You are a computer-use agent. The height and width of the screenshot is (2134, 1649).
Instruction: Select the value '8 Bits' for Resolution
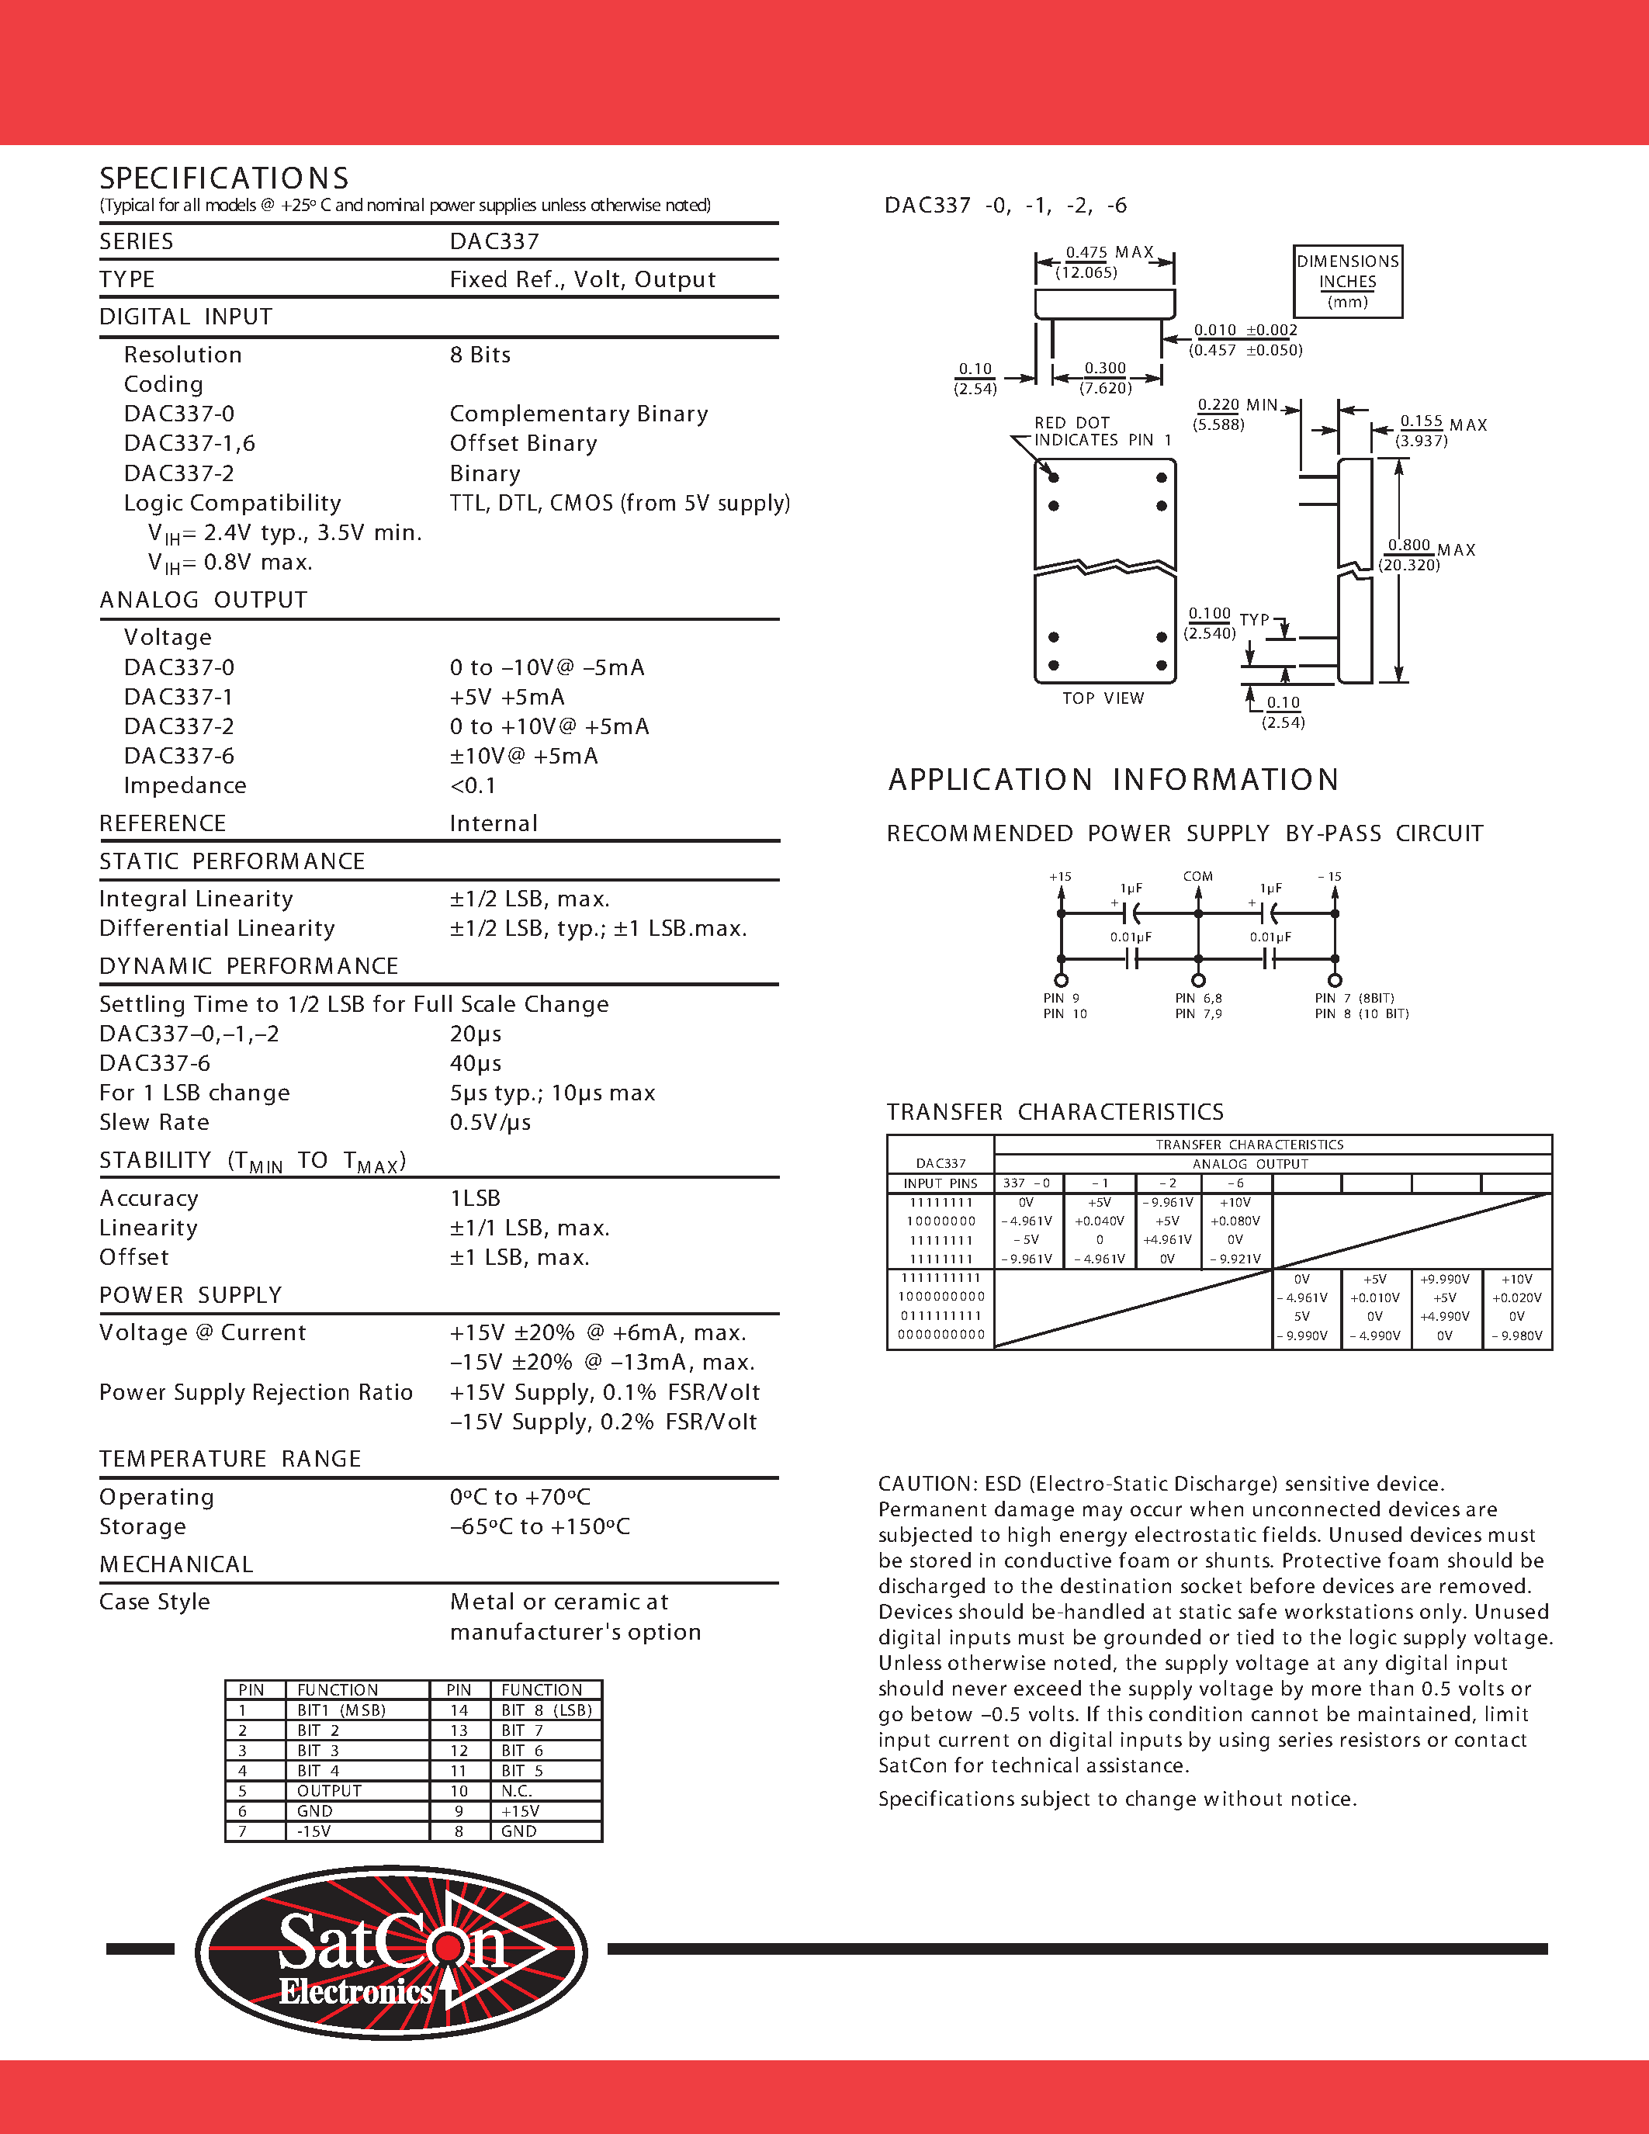[480, 355]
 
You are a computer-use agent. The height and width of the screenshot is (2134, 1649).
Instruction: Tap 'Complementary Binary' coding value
[578, 414]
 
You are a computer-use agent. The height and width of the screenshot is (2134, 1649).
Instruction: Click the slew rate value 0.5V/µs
[490, 1122]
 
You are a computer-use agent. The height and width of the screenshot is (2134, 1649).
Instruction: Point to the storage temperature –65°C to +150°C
[539, 1526]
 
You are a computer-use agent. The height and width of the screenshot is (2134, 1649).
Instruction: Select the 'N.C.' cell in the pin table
[517, 1791]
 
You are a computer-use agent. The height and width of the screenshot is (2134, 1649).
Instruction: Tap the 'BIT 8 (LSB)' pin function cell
[546, 1710]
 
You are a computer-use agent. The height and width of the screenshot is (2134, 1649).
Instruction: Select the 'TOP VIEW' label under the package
[1103, 698]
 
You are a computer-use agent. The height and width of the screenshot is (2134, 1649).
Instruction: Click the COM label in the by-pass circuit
[1197, 876]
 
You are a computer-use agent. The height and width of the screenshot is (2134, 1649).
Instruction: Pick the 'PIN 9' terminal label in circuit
[1061, 998]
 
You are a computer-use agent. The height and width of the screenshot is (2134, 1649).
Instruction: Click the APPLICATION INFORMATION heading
[1113, 780]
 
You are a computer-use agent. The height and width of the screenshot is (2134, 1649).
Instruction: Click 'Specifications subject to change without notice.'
[1117, 1799]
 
